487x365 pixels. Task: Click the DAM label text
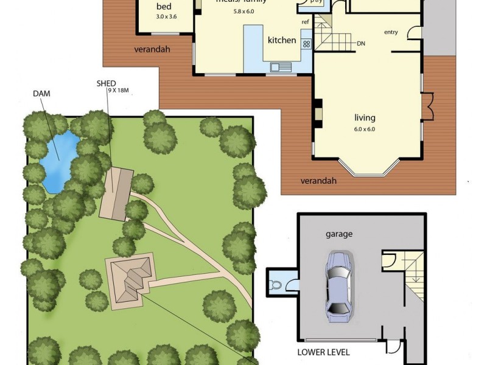41,94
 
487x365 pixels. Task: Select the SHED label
106,83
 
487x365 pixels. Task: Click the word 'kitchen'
282,40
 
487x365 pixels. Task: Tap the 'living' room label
365,117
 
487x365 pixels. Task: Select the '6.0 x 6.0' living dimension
365,128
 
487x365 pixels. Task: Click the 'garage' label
339,233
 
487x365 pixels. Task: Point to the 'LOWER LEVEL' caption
323,352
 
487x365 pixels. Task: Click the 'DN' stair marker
361,43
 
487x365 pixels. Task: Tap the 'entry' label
391,32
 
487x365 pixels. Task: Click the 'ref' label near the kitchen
305,22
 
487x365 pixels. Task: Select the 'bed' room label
164,7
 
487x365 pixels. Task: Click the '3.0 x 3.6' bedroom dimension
166,16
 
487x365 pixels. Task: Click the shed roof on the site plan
117,194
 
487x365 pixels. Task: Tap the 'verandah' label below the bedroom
153,49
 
